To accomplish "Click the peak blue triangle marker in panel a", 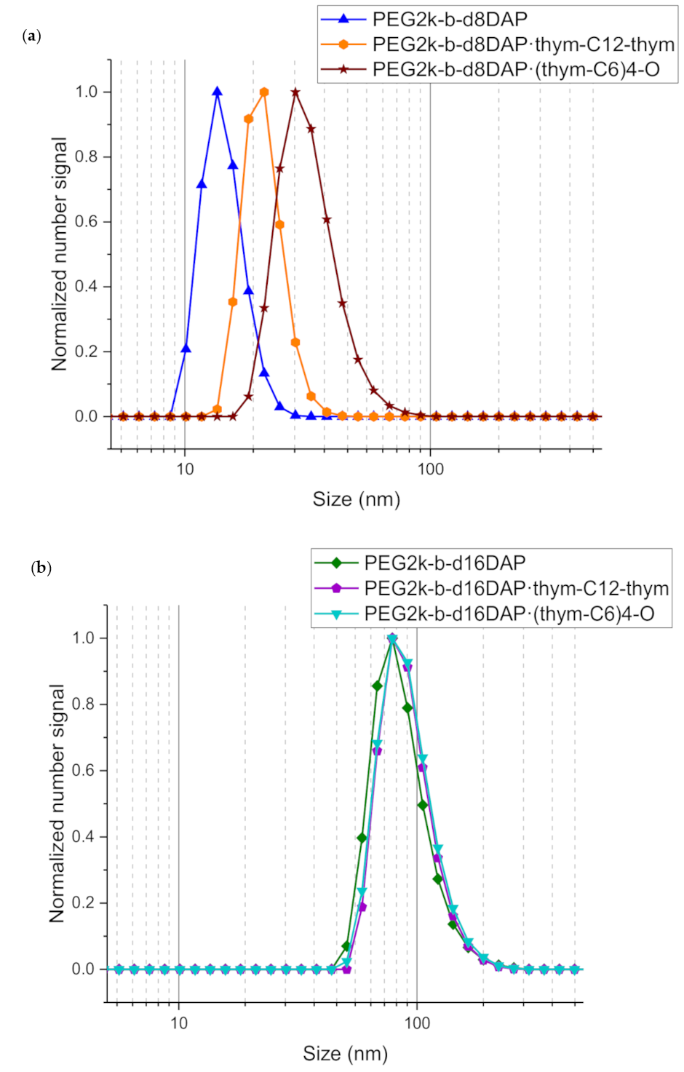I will click(x=217, y=92).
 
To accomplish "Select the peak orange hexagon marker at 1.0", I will click(x=264, y=92).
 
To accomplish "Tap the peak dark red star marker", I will click(x=295, y=92).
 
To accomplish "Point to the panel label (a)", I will click(x=32, y=36).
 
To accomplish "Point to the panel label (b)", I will click(x=41, y=567).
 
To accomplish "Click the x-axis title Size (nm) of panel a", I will click(x=357, y=499).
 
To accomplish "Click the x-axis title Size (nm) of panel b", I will click(x=345, y=1053).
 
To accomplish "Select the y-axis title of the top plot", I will click(x=59, y=254).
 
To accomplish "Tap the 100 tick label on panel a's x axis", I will click(x=430, y=469).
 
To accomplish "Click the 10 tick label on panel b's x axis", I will click(x=179, y=1023).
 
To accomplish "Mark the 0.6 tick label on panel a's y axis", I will click(x=86, y=221).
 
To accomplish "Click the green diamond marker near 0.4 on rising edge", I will click(x=362, y=838).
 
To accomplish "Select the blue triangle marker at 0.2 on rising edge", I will click(x=186, y=349).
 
